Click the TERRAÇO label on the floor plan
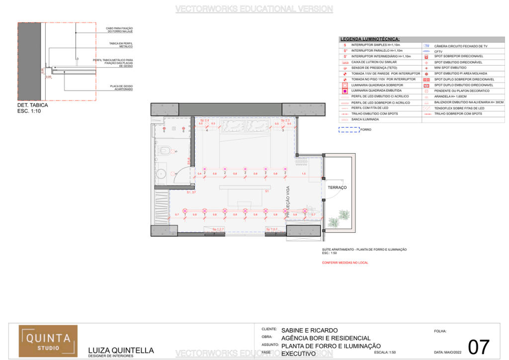tap(337, 187)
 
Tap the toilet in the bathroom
tap(165, 150)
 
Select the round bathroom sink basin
tap(161, 174)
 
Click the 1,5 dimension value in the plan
tap(304, 174)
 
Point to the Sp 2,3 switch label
tap(285, 120)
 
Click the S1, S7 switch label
tap(191, 191)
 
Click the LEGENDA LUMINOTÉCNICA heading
tap(370, 39)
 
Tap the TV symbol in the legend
tap(426, 45)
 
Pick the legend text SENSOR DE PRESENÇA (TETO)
tap(373, 68)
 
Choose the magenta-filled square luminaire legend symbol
tap(345, 91)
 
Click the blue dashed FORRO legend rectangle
tap(348, 130)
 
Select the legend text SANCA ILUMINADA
tap(365, 119)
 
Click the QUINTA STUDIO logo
tap(48, 341)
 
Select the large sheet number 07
tap(479, 347)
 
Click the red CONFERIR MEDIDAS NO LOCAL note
tap(345, 262)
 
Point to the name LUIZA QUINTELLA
tap(121, 350)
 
